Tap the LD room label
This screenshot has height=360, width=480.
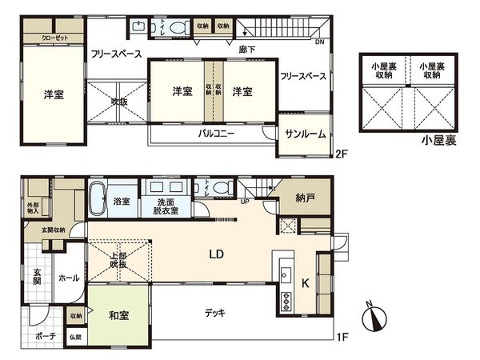pyautogui.click(x=216, y=255)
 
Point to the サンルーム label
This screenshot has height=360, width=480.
pyautogui.click(x=305, y=134)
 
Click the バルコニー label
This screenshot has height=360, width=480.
pyautogui.click(x=216, y=134)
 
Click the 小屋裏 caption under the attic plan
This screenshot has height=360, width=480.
pyautogui.click(x=439, y=141)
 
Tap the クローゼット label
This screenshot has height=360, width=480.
pyautogui.click(x=55, y=38)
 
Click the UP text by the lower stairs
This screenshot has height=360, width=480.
pyautogui.click(x=246, y=202)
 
